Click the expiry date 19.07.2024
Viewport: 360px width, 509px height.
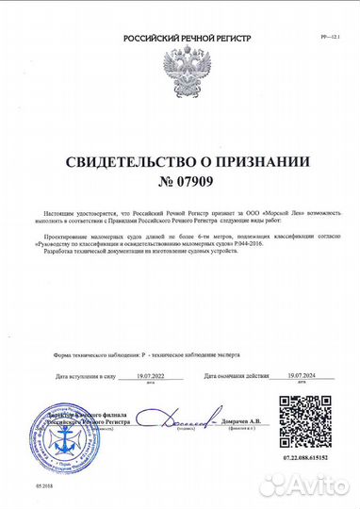pyautogui.click(x=282, y=374)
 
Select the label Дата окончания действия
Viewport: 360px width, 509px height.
pyautogui.click(x=221, y=375)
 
